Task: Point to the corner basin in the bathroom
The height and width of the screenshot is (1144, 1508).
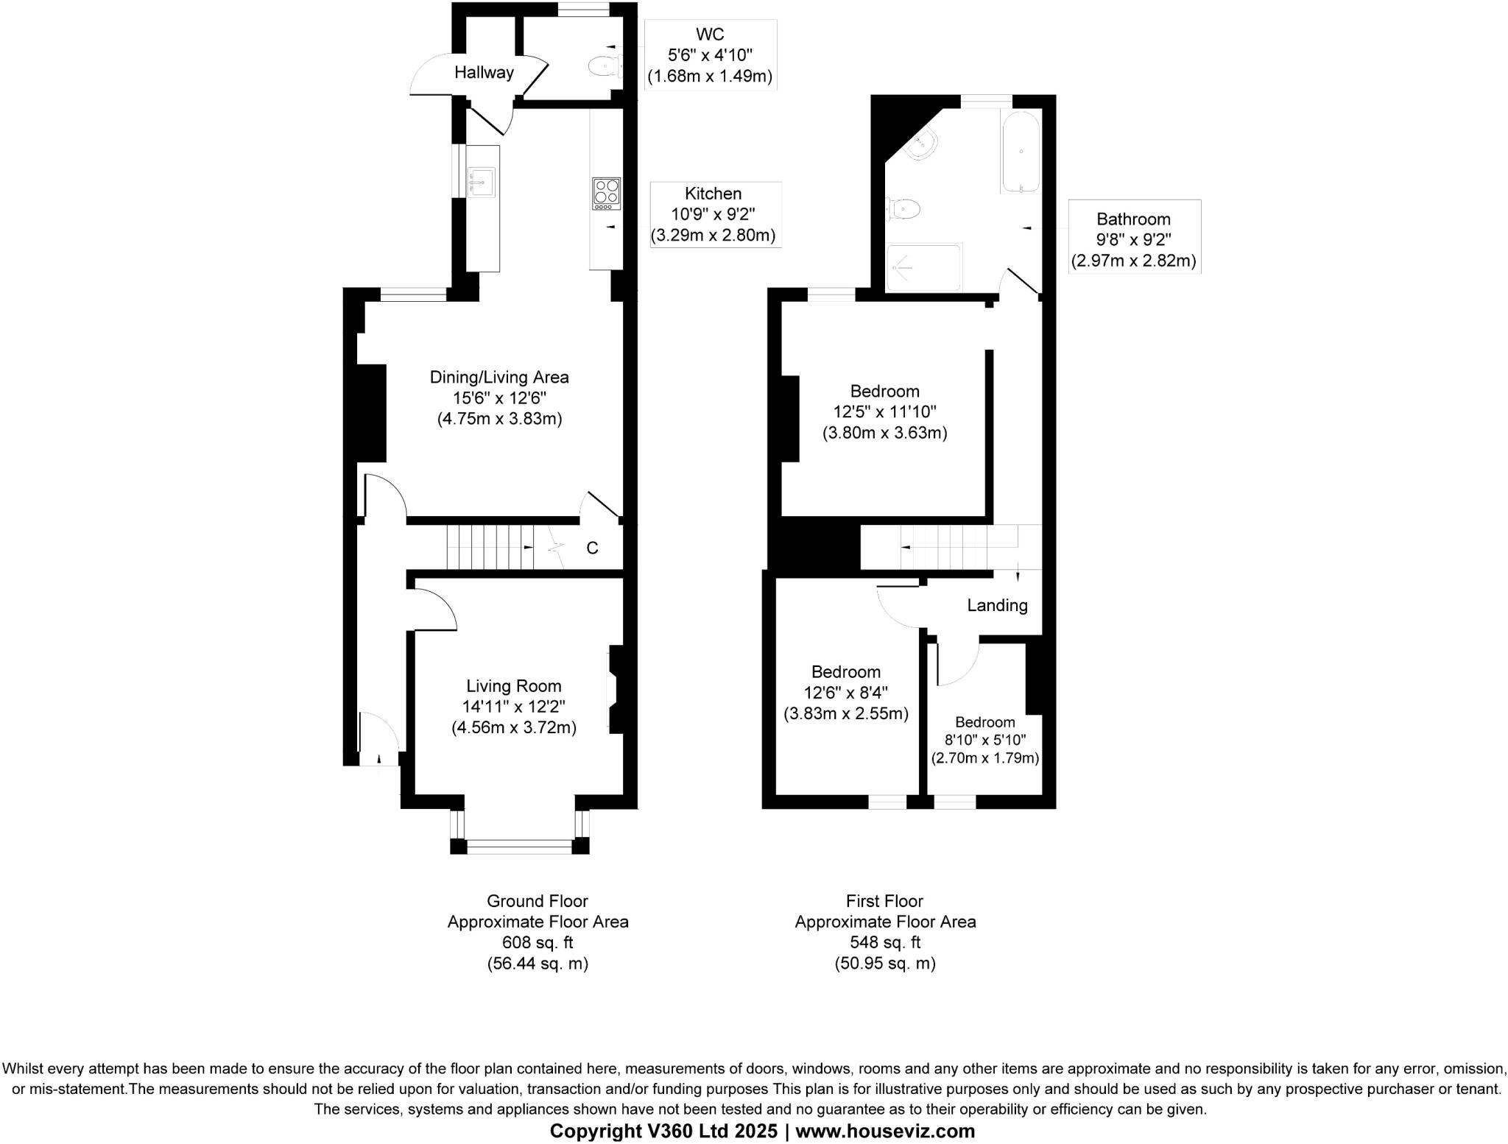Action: (x=921, y=145)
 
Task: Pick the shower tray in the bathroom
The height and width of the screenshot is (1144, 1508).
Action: (x=924, y=268)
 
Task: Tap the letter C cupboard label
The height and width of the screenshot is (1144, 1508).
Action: (x=592, y=548)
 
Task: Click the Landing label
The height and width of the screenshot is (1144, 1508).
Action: (x=997, y=605)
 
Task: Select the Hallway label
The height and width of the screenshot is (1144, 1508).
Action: (x=484, y=72)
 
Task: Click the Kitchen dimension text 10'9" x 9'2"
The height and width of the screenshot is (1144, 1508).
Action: (x=713, y=214)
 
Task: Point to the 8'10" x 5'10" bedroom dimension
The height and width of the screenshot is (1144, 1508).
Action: (x=985, y=740)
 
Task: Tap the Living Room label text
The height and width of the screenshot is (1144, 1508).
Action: (x=513, y=686)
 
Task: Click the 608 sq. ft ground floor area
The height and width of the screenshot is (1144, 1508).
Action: (x=538, y=942)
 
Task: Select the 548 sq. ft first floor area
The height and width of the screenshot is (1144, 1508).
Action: (x=884, y=942)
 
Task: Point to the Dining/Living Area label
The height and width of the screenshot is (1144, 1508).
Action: (x=499, y=378)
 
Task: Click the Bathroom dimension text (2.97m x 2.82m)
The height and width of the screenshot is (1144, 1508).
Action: (x=1133, y=261)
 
